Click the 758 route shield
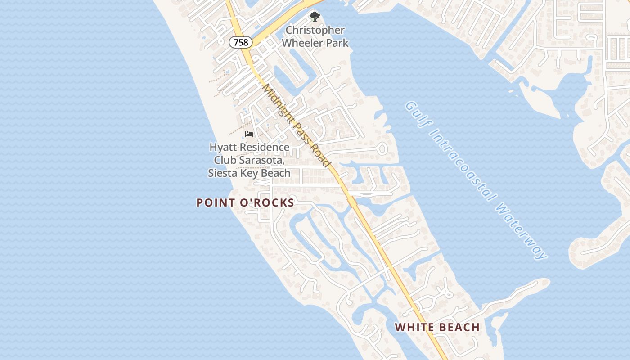pos(241,42)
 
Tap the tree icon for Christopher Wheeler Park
pos(315,17)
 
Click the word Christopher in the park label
pos(315,30)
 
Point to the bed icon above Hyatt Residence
pos(249,134)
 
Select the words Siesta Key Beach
pos(249,173)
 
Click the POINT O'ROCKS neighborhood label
pos(245,202)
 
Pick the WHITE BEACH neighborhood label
pos(437,327)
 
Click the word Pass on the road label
pos(301,130)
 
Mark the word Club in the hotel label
pos(225,160)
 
